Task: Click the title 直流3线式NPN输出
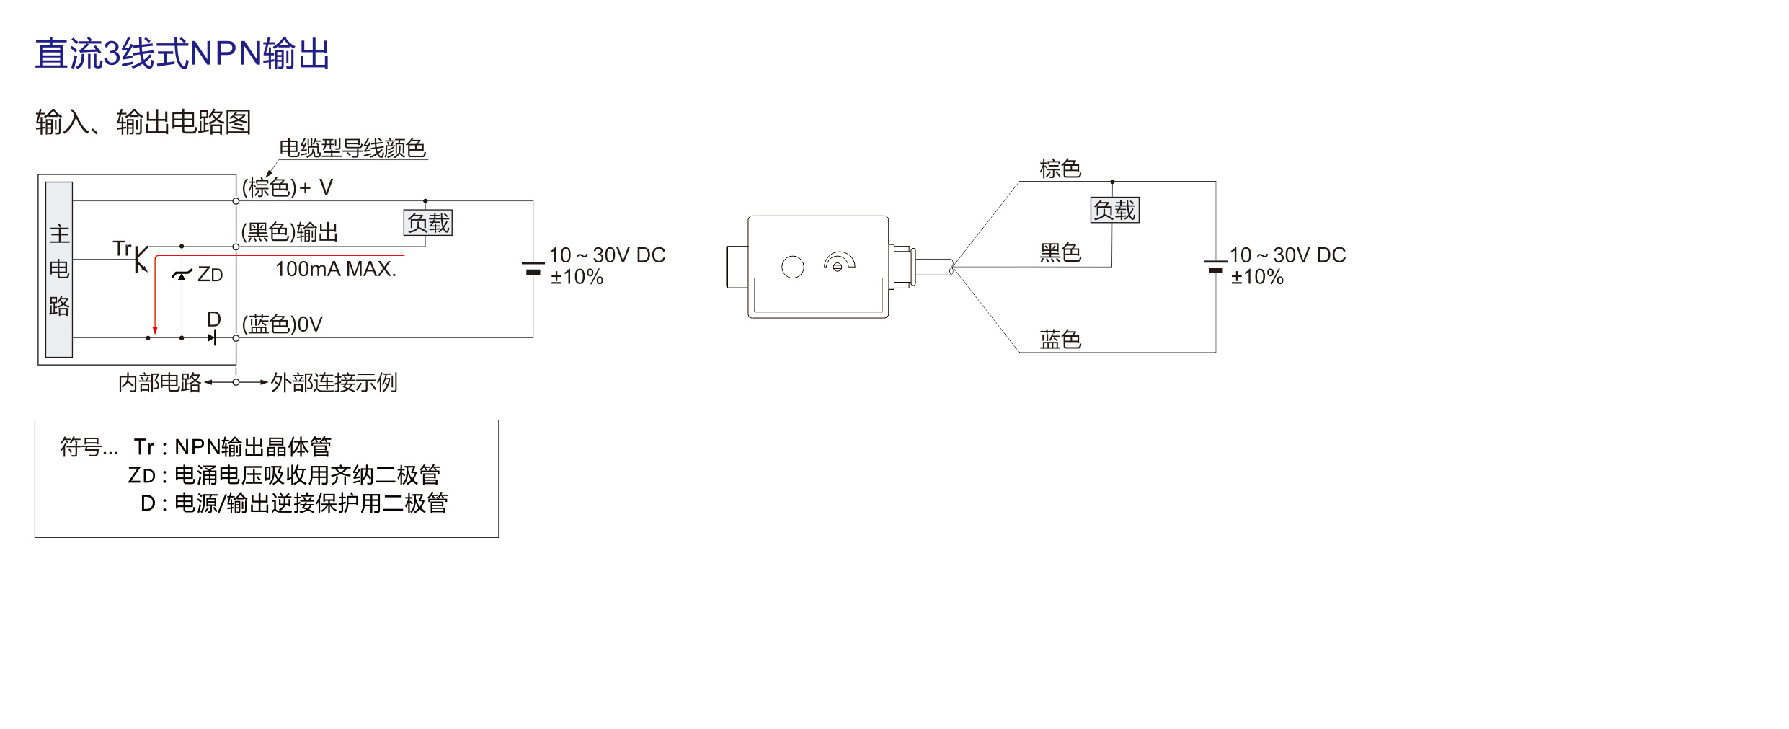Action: click(x=182, y=54)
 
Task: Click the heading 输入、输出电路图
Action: click(x=143, y=122)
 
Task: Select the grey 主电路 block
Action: click(x=59, y=269)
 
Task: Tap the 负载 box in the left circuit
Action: click(x=428, y=223)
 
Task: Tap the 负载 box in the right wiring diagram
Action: click(x=1114, y=210)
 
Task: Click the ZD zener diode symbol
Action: click(x=182, y=274)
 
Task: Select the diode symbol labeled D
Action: click(x=213, y=337)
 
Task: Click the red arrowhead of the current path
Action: click(x=155, y=331)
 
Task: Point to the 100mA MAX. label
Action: click(x=336, y=269)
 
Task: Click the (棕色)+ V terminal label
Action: click(x=287, y=187)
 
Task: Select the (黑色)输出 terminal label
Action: click(x=290, y=232)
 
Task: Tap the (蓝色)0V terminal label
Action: click(x=283, y=324)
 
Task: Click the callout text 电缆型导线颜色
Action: click(x=352, y=148)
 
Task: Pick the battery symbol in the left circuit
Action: click(x=533, y=268)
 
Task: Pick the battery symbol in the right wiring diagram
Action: click(x=1216, y=266)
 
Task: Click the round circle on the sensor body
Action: click(x=793, y=267)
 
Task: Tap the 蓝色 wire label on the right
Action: click(x=1060, y=339)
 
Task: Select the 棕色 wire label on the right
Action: click(x=1060, y=169)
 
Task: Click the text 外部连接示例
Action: click(x=334, y=382)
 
